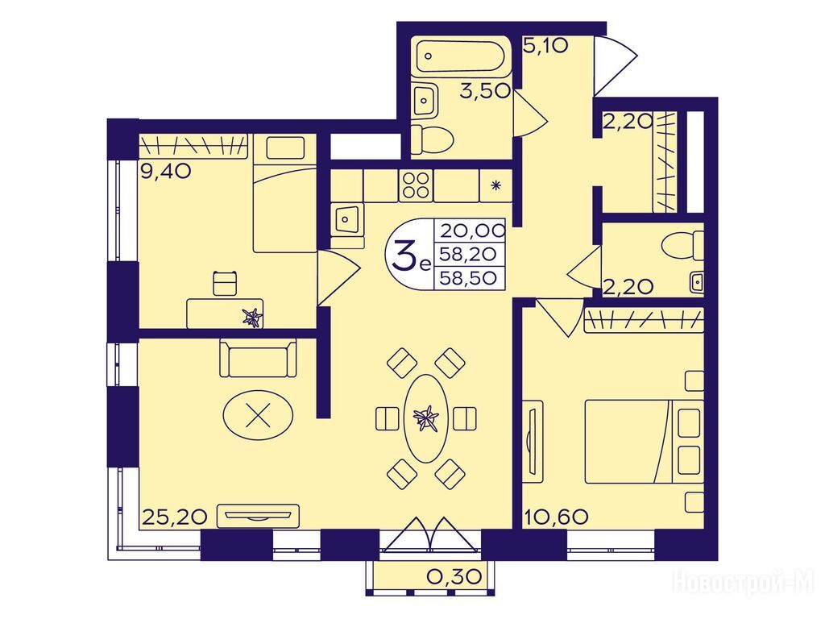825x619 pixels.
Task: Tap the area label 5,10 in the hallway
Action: pyautogui.click(x=545, y=46)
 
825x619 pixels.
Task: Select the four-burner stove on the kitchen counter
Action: pyautogui.click(x=416, y=185)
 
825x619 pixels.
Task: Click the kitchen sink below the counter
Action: pyautogui.click(x=346, y=219)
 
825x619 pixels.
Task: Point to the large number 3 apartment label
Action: pyautogui.click(x=403, y=255)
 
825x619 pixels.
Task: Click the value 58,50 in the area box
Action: pyautogui.click(x=468, y=277)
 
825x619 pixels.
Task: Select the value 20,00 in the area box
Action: pyautogui.click(x=472, y=230)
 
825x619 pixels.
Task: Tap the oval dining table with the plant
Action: pyautogui.click(x=425, y=418)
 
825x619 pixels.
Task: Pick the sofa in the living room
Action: pyautogui.click(x=258, y=358)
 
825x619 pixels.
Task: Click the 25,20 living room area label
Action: pyautogui.click(x=174, y=517)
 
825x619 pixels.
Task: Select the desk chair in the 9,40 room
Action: pyautogui.click(x=225, y=283)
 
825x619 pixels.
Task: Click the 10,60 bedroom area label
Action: pyautogui.click(x=556, y=517)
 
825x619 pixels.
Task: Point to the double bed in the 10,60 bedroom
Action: pyautogui.click(x=644, y=441)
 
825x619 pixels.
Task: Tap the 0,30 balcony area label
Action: pyautogui.click(x=454, y=577)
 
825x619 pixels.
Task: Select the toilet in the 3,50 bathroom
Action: pyautogui.click(x=432, y=139)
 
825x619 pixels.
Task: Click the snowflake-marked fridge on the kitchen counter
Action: pyautogui.click(x=495, y=185)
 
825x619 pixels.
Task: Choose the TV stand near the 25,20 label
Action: pyautogui.click(x=258, y=516)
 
